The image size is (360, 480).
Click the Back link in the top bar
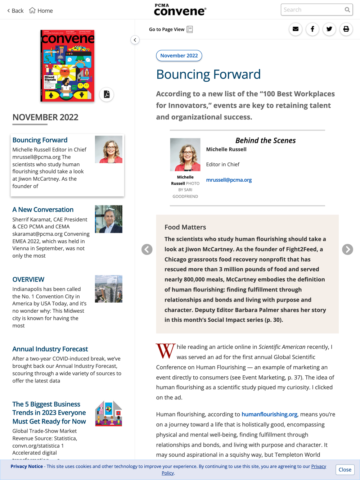15,11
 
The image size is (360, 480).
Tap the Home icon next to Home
32,10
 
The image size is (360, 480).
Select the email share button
296,29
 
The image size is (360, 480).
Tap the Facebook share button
312,29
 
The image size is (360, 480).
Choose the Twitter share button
329,29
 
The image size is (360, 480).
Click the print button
346,29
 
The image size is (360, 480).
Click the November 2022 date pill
179,56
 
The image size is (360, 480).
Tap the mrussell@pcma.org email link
229,180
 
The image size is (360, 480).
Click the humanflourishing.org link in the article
269,415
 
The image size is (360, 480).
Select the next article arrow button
347,249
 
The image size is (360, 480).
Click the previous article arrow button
147,249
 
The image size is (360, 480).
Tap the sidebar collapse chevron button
135,40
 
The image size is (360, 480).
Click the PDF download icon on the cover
107,94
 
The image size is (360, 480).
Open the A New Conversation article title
43,210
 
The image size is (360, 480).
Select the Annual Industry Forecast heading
50,349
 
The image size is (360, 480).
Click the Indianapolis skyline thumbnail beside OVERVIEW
108,289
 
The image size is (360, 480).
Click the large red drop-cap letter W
165,351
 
